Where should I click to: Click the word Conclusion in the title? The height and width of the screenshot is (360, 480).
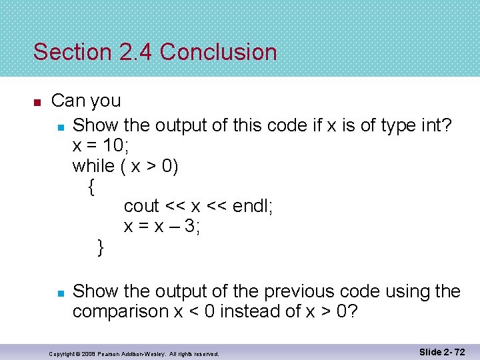point(218,52)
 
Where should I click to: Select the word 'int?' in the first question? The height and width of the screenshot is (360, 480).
point(437,125)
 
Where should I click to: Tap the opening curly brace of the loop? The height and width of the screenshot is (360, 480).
point(91,187)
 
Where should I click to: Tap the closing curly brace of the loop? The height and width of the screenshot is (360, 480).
point(101,248)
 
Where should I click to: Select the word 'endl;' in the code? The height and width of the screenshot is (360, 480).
point(250,207)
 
